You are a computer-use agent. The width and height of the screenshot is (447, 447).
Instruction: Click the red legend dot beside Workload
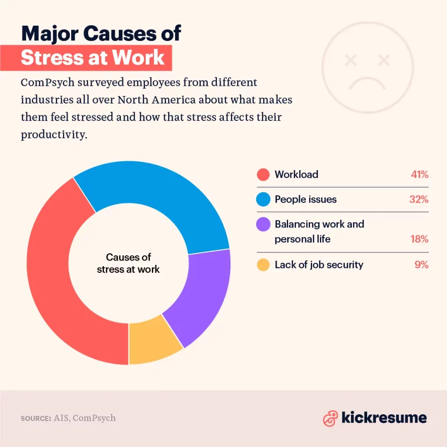[263, 175]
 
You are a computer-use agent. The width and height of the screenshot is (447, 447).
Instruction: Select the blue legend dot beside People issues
[263, 199]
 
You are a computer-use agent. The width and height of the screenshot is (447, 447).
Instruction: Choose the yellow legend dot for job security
[263, 265]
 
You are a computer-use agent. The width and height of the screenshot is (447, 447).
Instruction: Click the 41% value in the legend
[419, 175]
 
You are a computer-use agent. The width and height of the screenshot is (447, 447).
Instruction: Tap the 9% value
[421, 265]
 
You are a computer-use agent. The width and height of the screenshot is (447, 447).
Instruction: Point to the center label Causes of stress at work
[128, 263]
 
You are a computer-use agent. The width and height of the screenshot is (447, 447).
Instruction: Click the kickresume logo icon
[330, 418]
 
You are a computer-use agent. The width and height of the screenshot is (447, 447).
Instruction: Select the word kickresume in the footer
[384, 418]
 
